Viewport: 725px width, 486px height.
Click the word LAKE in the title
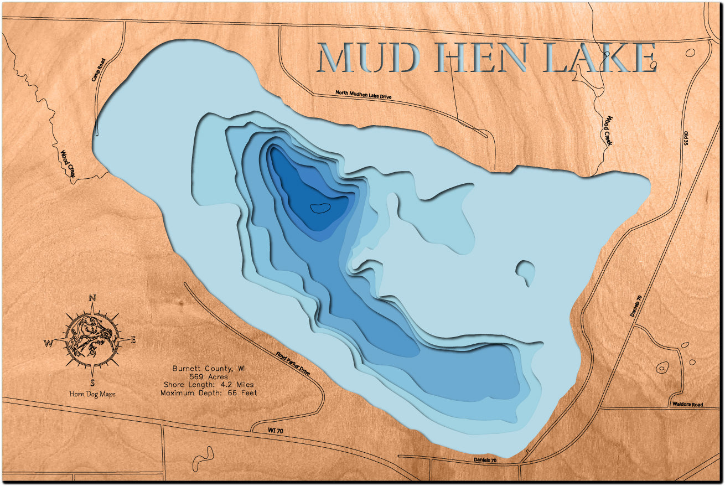tap(601, 58)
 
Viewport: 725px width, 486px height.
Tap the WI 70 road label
tap(266, 430)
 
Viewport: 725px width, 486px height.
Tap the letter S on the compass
tap(92, 382)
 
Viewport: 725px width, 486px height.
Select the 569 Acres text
tap(208, 377)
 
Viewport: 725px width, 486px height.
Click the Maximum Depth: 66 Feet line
tap(208, 392)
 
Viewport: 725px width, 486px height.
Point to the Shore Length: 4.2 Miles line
tap(208, 385)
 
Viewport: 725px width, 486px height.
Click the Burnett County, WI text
tap(208, 369)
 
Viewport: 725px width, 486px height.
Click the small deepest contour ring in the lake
tap(320, 208)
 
